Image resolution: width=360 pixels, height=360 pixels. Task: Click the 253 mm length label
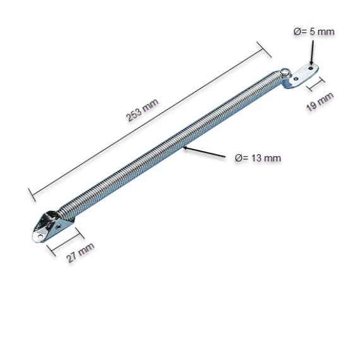[x=142, y=110]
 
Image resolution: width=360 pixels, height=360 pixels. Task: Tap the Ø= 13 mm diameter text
[x=258, y=158]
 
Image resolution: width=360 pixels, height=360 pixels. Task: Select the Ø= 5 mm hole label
[x=314, y=32]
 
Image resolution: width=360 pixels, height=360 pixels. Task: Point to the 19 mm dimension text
[x=320, y=102]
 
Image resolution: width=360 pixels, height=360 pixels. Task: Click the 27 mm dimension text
[x=80, y=253]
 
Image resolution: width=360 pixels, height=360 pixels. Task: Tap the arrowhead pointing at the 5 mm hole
[x=311, y=63]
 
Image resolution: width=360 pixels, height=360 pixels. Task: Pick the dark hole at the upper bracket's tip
[x=311, y=68]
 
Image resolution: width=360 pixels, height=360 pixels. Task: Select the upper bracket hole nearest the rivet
[x=296, y=79]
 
